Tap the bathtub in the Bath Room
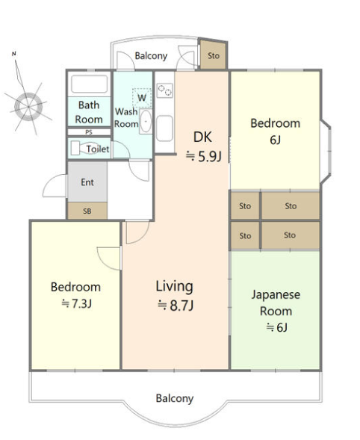(x=89, y=84)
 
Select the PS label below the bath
(x=89, y=132)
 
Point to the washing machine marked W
(x=142, y=98)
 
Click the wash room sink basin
(x=146, y=121)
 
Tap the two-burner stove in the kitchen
(x=165, y=90)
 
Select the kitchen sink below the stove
(x=164, y=128)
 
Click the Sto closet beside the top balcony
(x=214, y=55)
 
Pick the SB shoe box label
(x=87, y=211)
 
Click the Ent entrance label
(x=87, y=182)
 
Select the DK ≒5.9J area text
(x=203, y=146)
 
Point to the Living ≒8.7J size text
(x=175, y=296)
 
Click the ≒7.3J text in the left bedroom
(x=77, y=303)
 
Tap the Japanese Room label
(x=276, y=303)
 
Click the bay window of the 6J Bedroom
(x=326, y=152)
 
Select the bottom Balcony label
(x=175, y=398)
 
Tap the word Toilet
(x=98, y=149)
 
